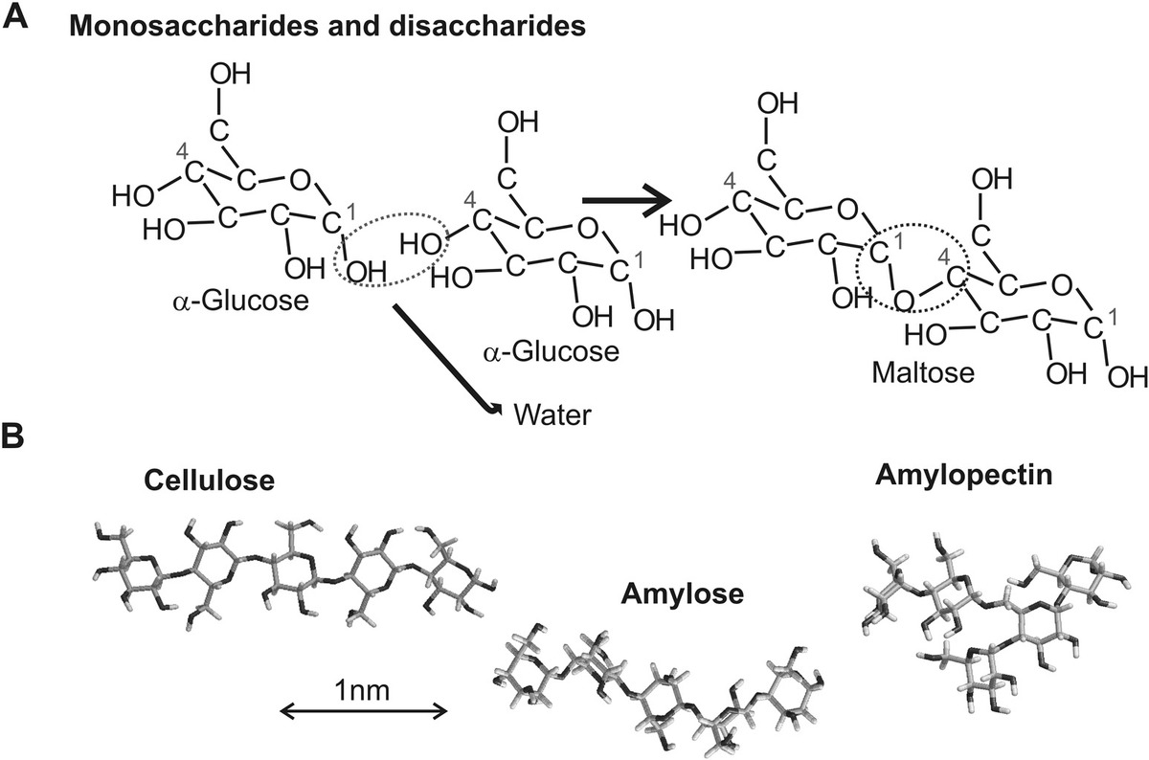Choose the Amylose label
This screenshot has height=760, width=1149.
681,595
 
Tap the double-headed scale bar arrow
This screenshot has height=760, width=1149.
364,710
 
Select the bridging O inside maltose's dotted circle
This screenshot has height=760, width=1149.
901,300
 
